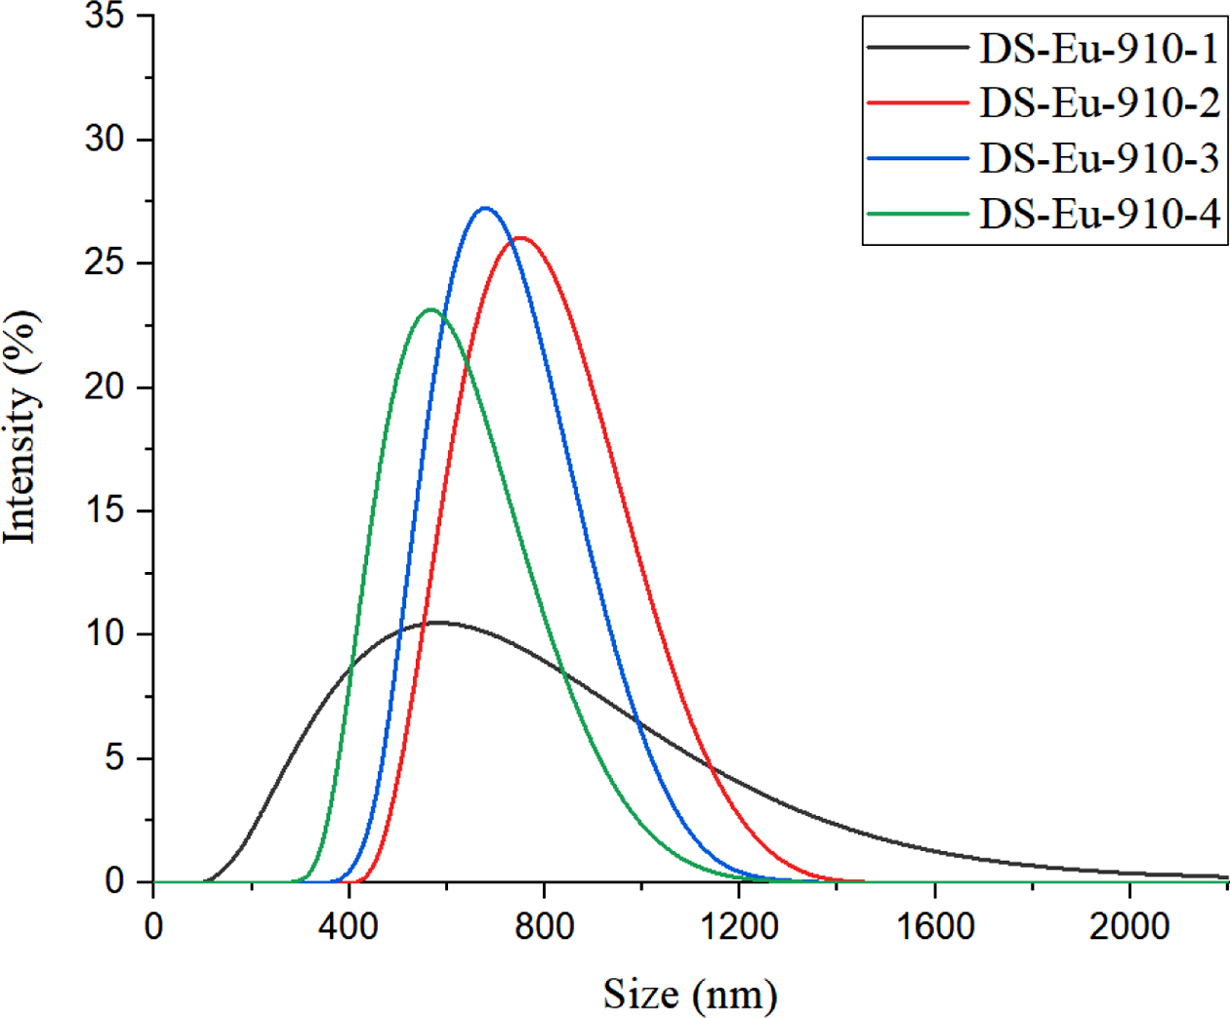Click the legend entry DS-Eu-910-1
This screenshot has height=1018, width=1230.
click(x=1099, y=48)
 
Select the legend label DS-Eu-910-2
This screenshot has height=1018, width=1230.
click(x=1099, y=102)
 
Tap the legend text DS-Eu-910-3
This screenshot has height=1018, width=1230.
click(x=1099, y=158)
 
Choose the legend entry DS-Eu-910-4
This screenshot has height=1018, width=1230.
click(x=1099, y=214)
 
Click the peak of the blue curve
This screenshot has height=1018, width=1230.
click(x=485, y=208)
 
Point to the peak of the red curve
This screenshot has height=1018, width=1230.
click(x=520, y=238)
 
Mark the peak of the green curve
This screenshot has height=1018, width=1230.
click(x=430, y=310)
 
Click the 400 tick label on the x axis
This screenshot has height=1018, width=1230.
click(x=348, y=926)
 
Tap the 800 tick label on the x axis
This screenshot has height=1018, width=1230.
click(x=544, y=926)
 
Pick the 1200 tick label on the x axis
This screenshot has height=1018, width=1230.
click(x=739, y=926)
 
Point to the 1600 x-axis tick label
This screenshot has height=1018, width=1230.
click(x=934, y=926)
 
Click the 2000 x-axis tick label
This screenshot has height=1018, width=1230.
click(x=1129, y=926)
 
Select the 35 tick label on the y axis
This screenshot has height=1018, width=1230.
click(x=104, y=17)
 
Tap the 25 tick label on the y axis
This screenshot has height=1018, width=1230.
click(x=104, y=264)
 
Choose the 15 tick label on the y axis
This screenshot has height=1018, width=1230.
click(x=104, y=510)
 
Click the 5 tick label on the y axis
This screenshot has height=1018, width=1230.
click(x=115, y=758)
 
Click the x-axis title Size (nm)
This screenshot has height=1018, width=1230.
click(x=690, y=995)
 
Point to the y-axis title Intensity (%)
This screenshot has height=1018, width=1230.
click(x=21, y=427)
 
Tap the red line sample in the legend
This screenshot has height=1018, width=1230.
click(x=917, y=102)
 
